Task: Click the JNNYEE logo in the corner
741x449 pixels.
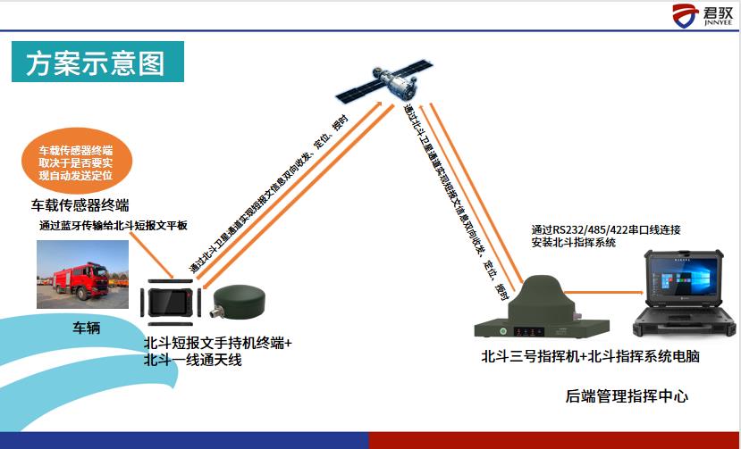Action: point(703,15)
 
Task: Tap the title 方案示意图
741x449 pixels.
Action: point(97,62)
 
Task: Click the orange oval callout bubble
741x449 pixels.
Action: point(77,161)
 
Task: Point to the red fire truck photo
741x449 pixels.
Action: point(83,274)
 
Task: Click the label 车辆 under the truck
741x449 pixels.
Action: point(86,328)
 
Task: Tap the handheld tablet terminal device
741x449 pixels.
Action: point(170,303)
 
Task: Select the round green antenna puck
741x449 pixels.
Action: point(240,300)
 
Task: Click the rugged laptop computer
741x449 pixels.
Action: point(685,293)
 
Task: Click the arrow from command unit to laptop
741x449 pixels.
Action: point(604,293)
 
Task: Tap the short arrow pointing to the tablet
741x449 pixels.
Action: point(151,255)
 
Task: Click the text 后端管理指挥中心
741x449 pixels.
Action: point(627,396)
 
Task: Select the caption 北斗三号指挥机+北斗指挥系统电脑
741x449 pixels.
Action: point(590,356)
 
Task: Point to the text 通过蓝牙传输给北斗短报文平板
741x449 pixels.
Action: point(114,225)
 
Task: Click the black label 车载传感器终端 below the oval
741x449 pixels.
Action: point(80,205)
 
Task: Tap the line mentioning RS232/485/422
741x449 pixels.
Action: point(606,230)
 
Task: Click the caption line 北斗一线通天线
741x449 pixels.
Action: point(193,360)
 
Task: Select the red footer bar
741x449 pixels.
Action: point(555,440)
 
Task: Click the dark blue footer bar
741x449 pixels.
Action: point(184,440)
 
